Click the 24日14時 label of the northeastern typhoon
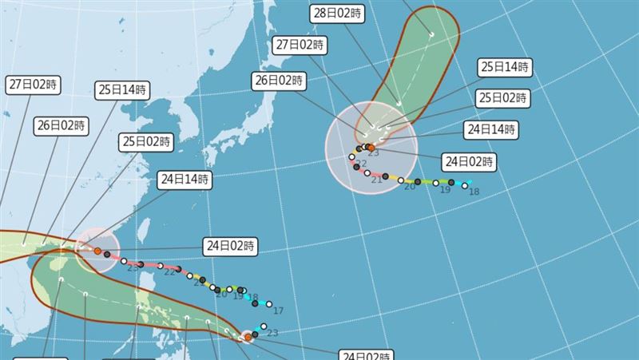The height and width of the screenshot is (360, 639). coord(490,129)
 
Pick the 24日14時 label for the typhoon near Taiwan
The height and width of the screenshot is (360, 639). coord(185,180)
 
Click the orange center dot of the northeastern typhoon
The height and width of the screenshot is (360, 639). coord(371,148)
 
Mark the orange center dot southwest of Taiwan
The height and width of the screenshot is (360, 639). coord(97,251)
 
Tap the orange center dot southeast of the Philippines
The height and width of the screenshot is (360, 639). coord(248,338)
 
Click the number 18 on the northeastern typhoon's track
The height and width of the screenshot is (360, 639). coord(474,192)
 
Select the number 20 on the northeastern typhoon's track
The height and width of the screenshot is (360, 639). coord(410,185)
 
